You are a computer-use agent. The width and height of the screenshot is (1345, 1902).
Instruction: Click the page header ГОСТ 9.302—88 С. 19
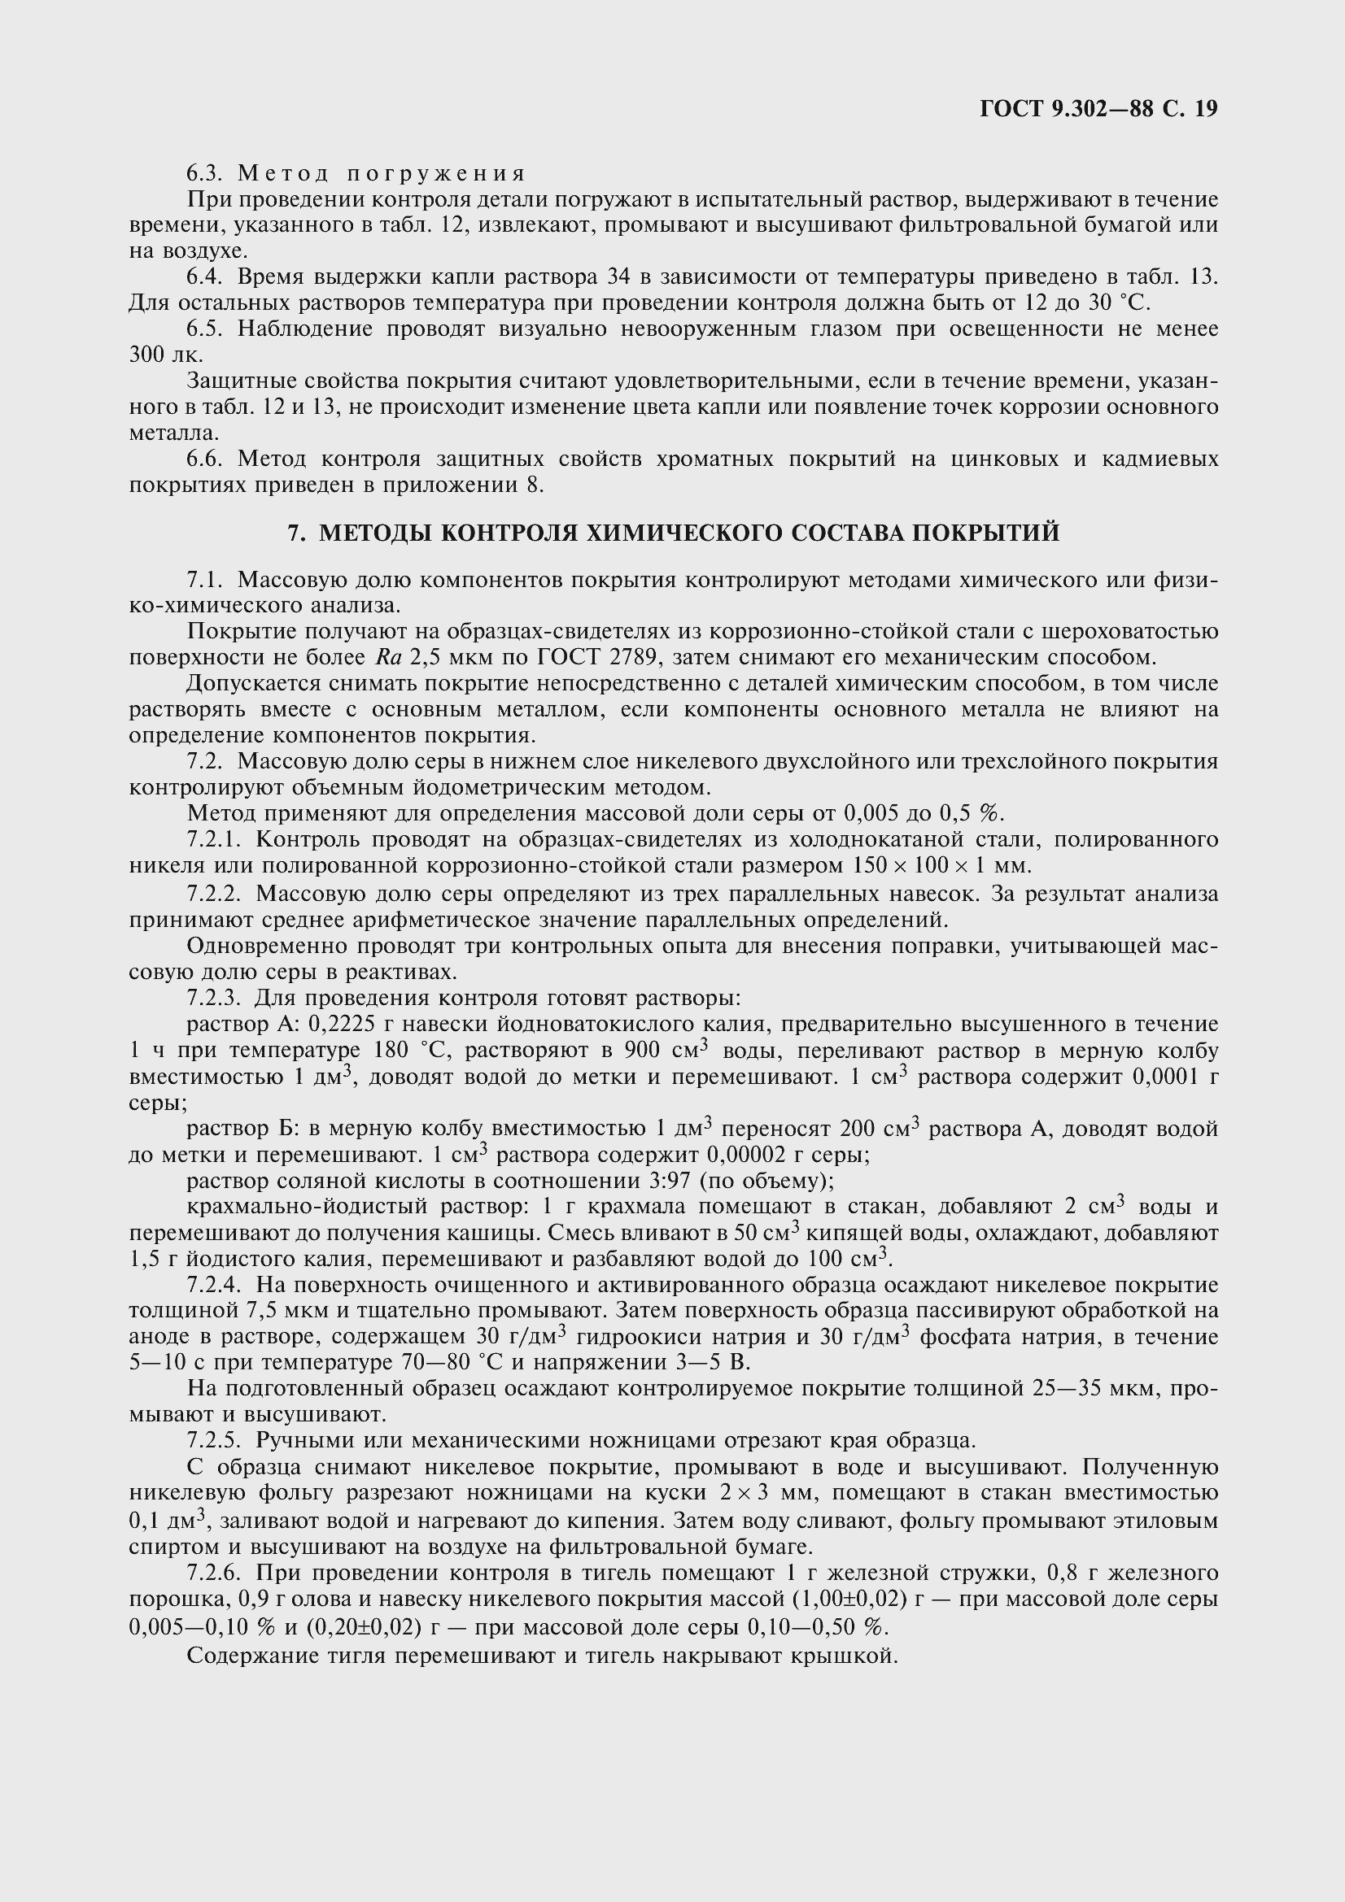click(1098, 109)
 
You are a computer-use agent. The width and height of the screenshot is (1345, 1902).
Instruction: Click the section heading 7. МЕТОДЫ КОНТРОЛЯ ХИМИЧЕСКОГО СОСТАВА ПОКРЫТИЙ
click(673, 533)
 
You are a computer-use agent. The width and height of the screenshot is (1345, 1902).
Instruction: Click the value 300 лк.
click(165, 355)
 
